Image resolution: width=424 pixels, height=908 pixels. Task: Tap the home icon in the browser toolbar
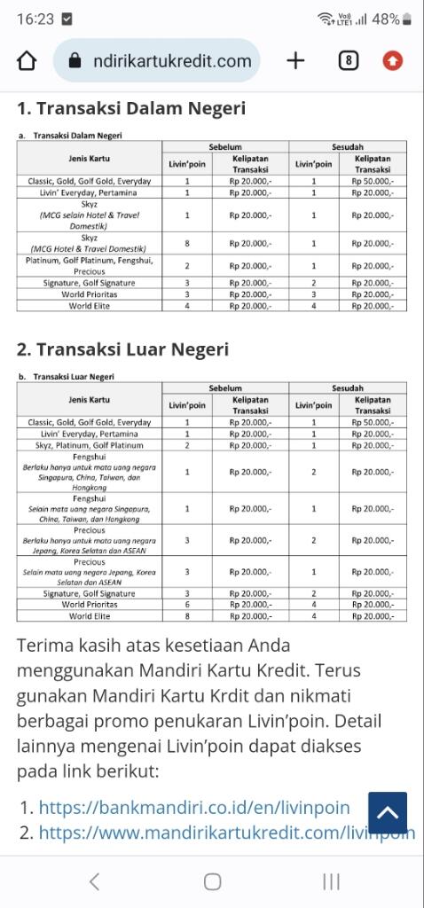[x=27, y=60]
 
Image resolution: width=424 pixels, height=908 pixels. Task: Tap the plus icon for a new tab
[x=295, y=60]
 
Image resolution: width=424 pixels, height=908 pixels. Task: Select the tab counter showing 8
[x=349, y=60]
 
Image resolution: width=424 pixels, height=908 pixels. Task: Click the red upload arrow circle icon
[x=392, y=60]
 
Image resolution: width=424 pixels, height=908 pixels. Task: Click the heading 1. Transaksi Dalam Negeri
[x=131, y=108]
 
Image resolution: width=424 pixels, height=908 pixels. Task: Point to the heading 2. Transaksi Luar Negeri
[x=122, y=349]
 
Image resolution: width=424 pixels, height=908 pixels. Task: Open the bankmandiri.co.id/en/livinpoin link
[x=194, y=808]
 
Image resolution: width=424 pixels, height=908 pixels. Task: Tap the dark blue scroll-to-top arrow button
[x=387, y=812]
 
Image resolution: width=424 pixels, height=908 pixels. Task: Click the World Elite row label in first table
[x=90, y=306]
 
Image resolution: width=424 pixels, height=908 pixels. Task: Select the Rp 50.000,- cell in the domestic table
[x=373, y=181]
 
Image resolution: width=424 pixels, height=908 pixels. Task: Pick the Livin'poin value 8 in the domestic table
[x=187, y=243]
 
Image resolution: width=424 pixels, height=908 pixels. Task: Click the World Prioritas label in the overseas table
[x=90, y=605]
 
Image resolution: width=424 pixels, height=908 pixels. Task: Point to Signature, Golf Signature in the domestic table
[x=90, y=283]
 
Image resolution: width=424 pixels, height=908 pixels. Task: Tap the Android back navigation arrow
[x=94, y=881]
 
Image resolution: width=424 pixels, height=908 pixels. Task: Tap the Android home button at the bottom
[x=212, y=881]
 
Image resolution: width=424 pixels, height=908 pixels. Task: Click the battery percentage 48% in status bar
[x=386, y=19]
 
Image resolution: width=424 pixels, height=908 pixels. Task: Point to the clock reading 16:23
[x=35, y=19]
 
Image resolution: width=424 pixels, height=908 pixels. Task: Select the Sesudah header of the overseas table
[x=348, y=388]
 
